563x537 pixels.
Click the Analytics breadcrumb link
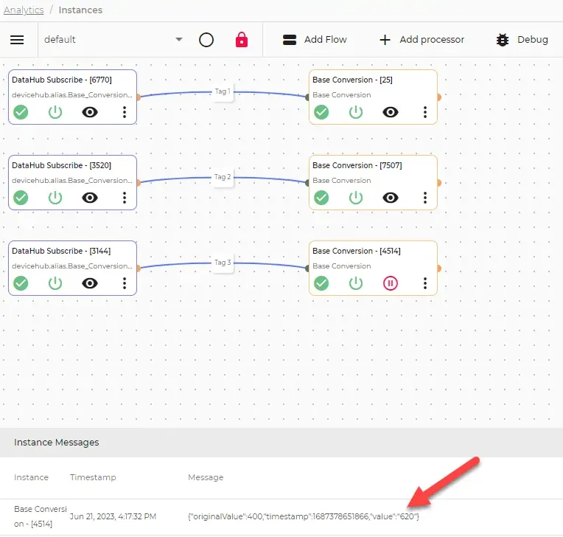pyautogui.click(x=24, y=10)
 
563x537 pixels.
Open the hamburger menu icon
pyautogui.click(x=17, y=40)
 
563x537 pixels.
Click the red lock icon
pyautogui.click(x=242, y=40)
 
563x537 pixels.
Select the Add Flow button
pyautogui.click(x=315, y=40)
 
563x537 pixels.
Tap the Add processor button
pyautogui.click(x=422, y=40)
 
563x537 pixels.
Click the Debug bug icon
pyautogui.click(x=503, y=40)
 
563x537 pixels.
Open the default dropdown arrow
pyautogui.click(x=179, y=39)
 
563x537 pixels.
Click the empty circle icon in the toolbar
pyautogui.click(x=206, y=40)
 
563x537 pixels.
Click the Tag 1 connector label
pyautogui.click(x=223, y=91)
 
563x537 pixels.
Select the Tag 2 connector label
pyautogui.click(x=223, y=177)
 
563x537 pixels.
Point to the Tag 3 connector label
pyautogui.click(x=223, y=263)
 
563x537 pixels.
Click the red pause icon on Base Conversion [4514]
pyautogui.click(x=391, y=283)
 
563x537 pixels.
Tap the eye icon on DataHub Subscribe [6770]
pyautogui.click(x=90, y=112)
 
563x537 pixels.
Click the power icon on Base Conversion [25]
pyautogui.click(x=356, y=112)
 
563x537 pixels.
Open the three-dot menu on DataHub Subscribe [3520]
pyautogui.click(x=125, y=198)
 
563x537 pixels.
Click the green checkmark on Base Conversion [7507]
pyautogui.click(x=321, y=198)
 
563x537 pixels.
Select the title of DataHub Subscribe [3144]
pyautogui.click(x=61, y=251)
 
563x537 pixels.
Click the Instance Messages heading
pyautogui.click(x=56, y=443)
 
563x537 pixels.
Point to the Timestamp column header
pyautogui.click(x=93, y=477)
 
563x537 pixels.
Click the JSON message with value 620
pyautogui.click(x=304, y=516)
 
